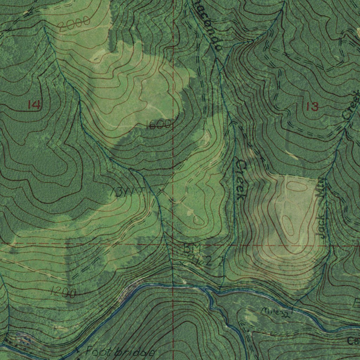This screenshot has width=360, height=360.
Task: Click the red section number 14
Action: pyautogui.click(x=34, y=104)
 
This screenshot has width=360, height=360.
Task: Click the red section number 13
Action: pyautogui.click(x=312, y=107)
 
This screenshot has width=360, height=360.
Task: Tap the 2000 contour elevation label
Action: pyautogui.click(x=74, y=25)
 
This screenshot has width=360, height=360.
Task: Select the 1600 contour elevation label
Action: pyautogui.click(x=159, y=124)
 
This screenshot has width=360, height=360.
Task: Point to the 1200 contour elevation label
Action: pyautogui.click(x=63, y=292)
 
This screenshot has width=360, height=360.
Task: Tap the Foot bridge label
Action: pyautogui.click(x=120, y=352)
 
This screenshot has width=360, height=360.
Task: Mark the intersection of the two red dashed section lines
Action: pyautogui.click(x=173, y=244)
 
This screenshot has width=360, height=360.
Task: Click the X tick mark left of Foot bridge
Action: pyautogui.click(x=77, y=350)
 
